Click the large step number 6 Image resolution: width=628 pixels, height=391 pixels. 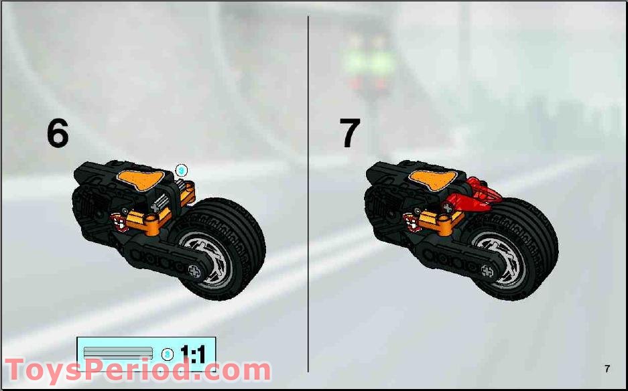pos(58,133)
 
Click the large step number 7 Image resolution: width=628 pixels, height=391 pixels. pos(350,133)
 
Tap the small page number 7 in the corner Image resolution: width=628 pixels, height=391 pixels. pos(607,368)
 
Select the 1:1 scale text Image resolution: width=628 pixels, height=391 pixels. pos(192,354)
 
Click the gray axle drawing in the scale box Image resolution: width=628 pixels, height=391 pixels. pos(118,353)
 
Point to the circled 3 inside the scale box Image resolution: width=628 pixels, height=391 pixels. pos(168,354)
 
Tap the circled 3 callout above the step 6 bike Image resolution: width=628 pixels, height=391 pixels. pos(182,170)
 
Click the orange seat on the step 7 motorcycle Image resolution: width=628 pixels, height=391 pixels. pos(434,179)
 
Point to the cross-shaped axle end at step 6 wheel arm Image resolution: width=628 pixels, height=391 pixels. pos(196,272)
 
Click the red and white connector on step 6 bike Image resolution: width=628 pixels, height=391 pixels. pos(121,220)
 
